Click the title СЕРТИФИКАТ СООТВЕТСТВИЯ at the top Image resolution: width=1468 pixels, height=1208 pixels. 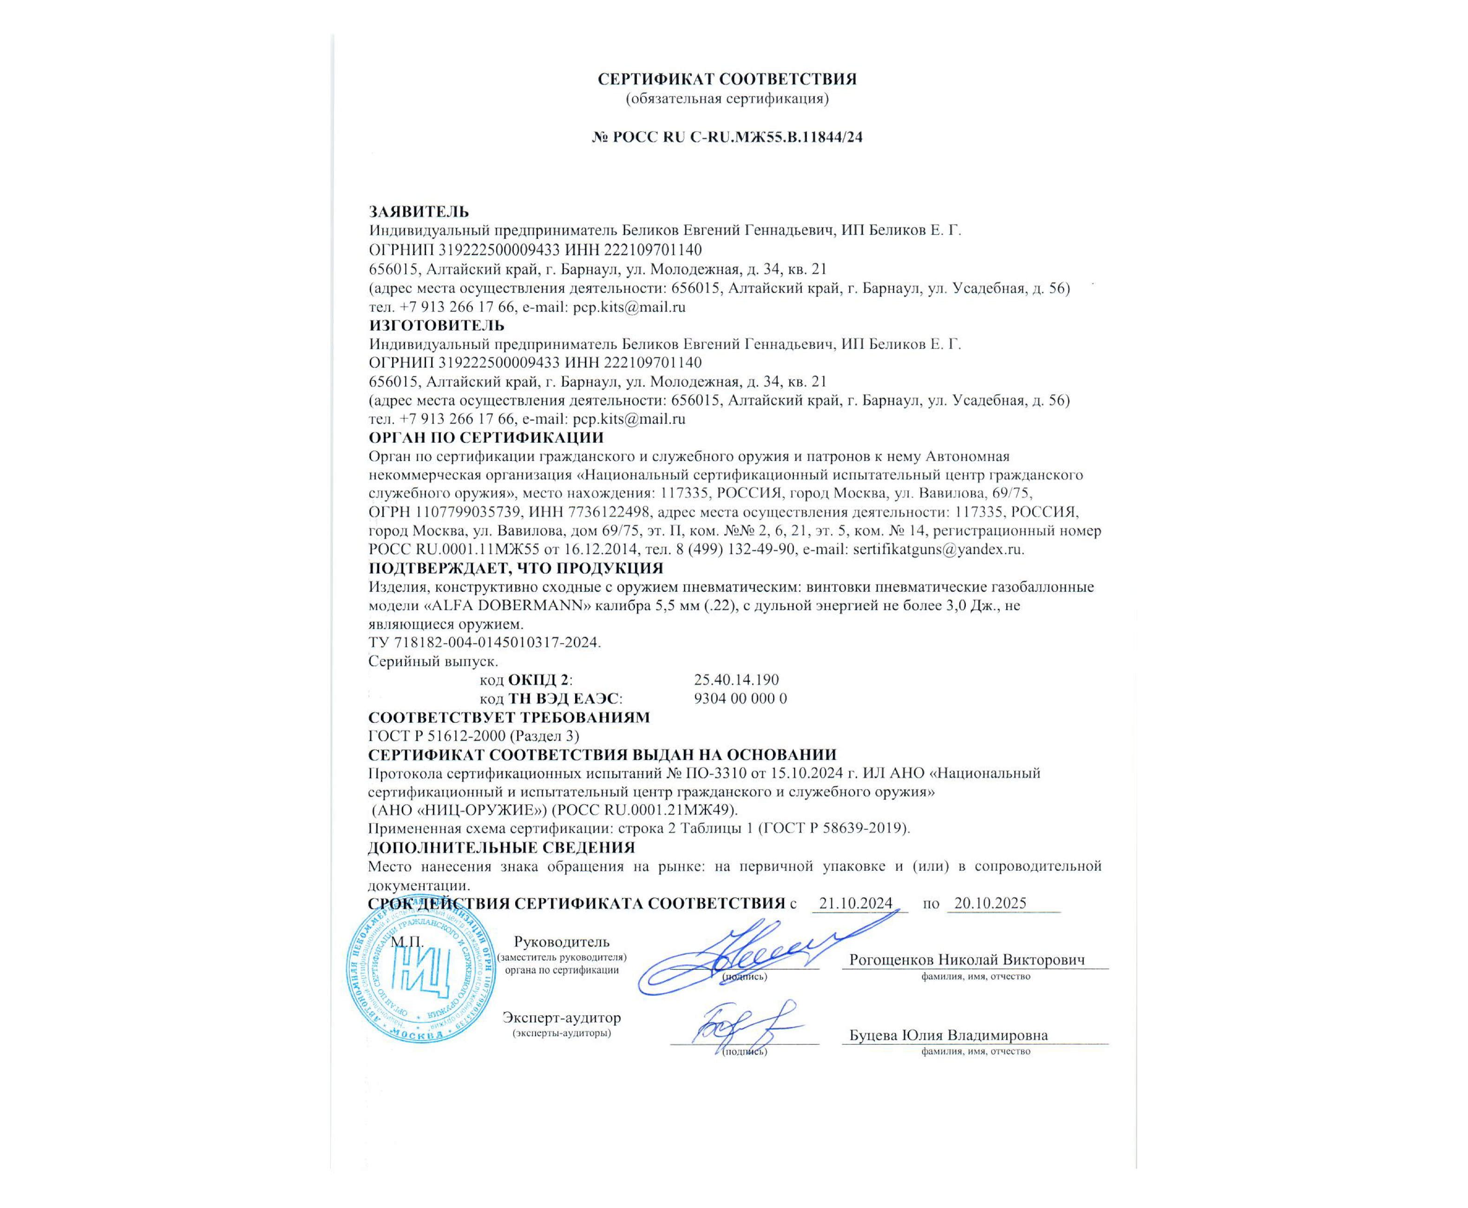point(727,79)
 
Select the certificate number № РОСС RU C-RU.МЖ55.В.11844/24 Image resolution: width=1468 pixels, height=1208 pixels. point(727,137)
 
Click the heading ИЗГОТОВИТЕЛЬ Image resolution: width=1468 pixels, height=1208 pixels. point(436,325)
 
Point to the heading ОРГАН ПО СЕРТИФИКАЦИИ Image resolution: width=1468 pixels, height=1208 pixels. point(485,438)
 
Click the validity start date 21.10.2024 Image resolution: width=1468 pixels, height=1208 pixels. point(855,903)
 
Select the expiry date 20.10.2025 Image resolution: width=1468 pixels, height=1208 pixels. point(990,903)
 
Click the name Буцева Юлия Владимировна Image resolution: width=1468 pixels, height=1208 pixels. point(948,1035)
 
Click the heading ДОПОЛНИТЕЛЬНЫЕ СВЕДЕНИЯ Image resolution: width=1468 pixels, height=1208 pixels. point(501,847)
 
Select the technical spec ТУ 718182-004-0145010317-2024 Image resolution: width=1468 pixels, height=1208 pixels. point(484,642)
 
